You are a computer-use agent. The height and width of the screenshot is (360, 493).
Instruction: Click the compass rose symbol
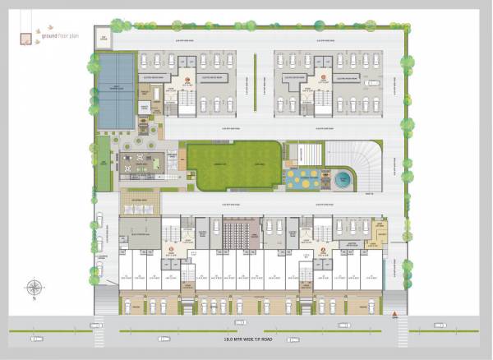click(x=35, y=288)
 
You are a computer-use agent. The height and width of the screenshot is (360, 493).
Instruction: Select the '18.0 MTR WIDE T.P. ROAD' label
click(x=247, y=338)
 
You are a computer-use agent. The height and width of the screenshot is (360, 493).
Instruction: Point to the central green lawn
click(x=233, y=164)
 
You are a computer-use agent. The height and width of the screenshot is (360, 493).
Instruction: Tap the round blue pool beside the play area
click(x=341, y=178)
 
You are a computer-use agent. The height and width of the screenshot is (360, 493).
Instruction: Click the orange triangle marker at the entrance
click(x=395, y=314)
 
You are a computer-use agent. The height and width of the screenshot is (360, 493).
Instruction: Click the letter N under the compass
click(x=35, y=299)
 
